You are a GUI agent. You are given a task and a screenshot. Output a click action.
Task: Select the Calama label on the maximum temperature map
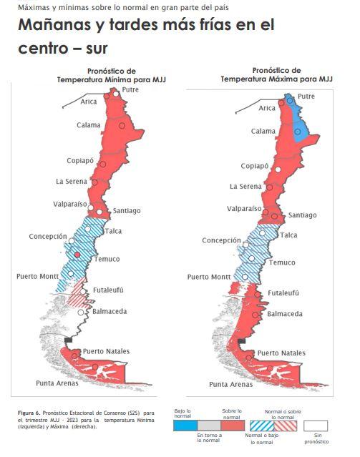[263, 132]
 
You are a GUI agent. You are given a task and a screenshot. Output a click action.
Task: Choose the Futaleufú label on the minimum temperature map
[108, 290]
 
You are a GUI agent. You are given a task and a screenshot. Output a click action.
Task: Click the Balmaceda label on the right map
[284, 313]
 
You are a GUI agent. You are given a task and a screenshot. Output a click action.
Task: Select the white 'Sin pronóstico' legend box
[316, 425]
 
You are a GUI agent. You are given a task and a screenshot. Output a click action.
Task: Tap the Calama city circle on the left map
[122, 126]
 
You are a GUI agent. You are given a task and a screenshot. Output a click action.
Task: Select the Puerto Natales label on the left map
[105, 351]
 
